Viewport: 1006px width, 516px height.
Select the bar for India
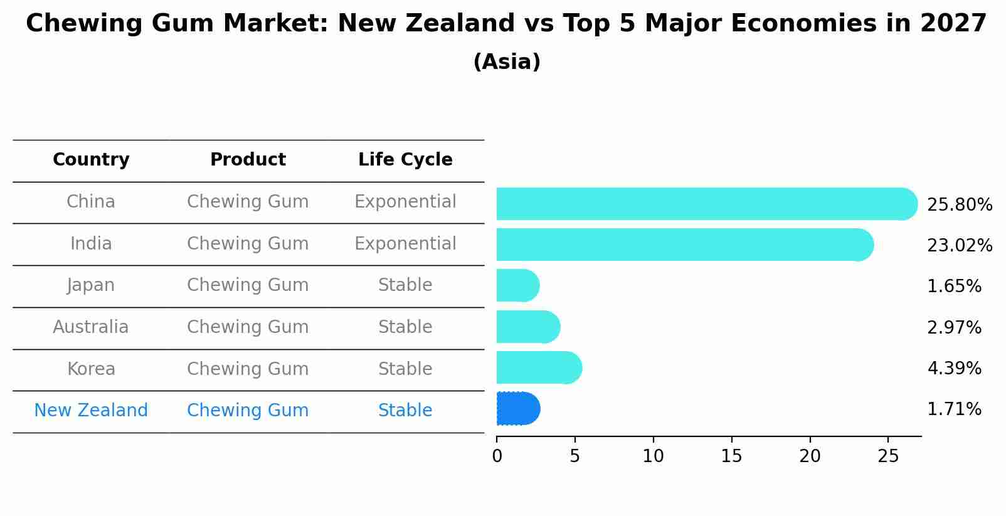pyautogui.click(x=684, y=245)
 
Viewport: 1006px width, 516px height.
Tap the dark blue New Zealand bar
pyautogui.click(x=518, y=409)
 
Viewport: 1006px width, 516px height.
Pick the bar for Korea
pyautogui.click(x=539, y=367)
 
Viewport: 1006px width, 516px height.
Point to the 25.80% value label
pyautogui.click(x=959, y=205)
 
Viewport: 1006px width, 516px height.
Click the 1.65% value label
pyautogui.click(x=953, y=287)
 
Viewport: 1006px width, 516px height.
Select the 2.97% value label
pyautogui.click(x=953, y=327)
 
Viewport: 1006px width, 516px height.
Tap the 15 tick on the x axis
pyautogui.click(x=731, y=456)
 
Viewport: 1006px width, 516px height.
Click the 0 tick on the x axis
pyautogui.click(x=497, y=456)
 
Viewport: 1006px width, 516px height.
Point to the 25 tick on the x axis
pyautogui.click(x=888, y=456)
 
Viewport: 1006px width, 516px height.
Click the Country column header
pyautogui.click(x=91, y=160)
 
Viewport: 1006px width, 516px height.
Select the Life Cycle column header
pyautogui.click(x=405, y=160)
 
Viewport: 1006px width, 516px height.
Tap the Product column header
pyautogui.click(x=248, y=160)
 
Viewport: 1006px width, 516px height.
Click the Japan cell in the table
pyautogui.click(x=91, y=285)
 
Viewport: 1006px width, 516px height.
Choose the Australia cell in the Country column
pyautogui.click(x=91, y=327)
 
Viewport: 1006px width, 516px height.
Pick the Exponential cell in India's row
pyautogui.click(x=405, y=244)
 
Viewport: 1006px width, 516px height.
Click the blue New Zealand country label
pyautogui.click(x=91, y=411)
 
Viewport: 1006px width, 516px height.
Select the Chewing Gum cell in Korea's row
pyautogui.click(x=248, y=369)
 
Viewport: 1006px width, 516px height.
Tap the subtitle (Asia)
pyautogui.click(x=507, y=62)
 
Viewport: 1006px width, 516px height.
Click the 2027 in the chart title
pyautogui.click(x=953, y=24)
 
